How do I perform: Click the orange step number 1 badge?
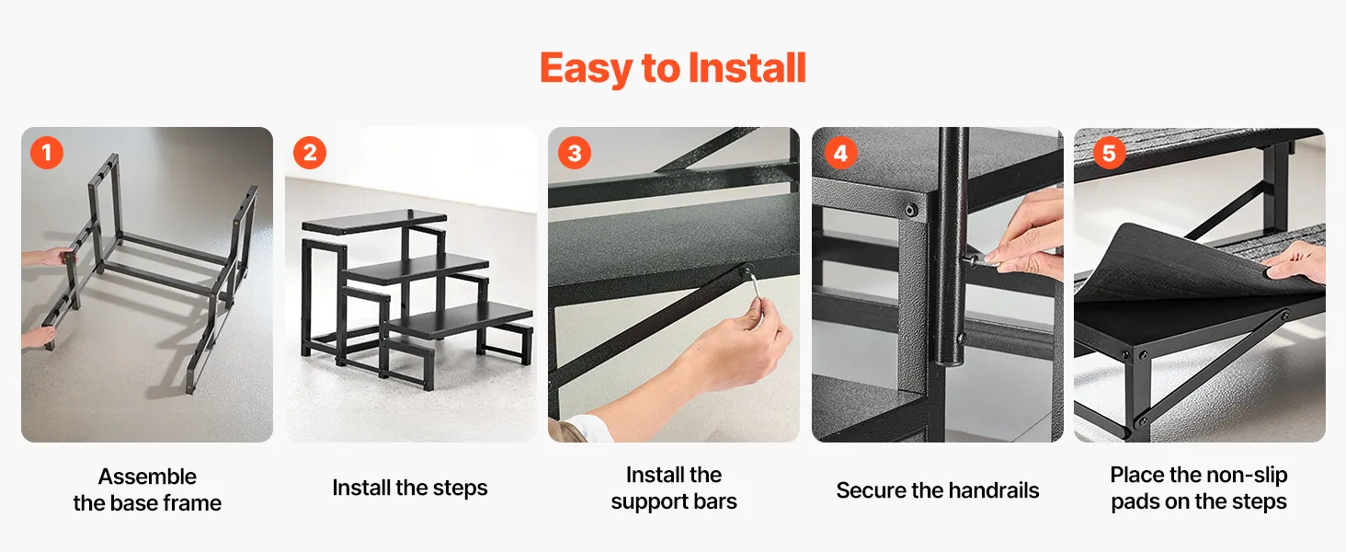tap(47, 152)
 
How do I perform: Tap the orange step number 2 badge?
tap(310, 152)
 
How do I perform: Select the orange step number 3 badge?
tap(575, 152)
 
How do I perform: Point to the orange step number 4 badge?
tap(840, 153)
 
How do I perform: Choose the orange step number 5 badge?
tap(1109, 153)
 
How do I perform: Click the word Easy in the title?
tap(586, 69)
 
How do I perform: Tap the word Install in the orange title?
tap(747, 67)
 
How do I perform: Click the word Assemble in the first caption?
tap(147, 477)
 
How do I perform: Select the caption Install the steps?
tap(410, 488)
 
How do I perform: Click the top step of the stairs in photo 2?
tap(375, 222)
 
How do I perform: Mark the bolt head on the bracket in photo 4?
tap(911, 210)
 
